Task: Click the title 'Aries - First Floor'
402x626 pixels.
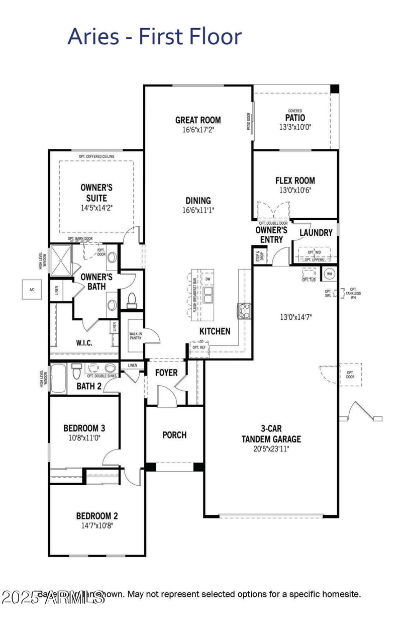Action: (x=154, y=36)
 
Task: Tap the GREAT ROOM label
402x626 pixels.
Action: (x=198, y=120)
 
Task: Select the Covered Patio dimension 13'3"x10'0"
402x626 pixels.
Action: (x=295, y=127)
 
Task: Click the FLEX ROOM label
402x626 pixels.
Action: (x=295, y=181)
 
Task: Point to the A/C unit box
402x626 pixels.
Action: (x=32, y=290)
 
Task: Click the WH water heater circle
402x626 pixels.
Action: (x=330, y=274)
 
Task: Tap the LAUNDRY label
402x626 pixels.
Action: (x=316, y=233)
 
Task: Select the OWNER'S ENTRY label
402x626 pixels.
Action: (x=271, y=234)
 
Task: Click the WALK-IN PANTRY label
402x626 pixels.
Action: (x=135, y=335)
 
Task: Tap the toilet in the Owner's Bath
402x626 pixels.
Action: (x=132, y=300)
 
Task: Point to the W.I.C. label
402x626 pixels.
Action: (x=83, y=342)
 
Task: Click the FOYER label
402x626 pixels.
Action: (x=166, y=373)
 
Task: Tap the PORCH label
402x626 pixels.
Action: (x=174, y=435)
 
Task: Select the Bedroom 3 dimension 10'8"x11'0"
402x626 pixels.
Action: (x=84, y=437)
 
